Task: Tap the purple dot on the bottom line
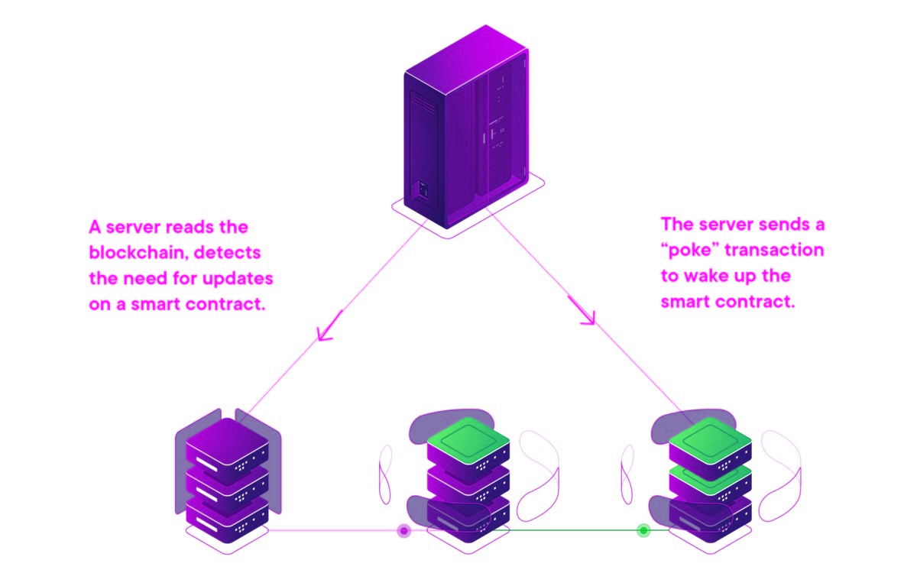click(x=404, y=530)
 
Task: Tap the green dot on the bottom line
click(x=643, y=530)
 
